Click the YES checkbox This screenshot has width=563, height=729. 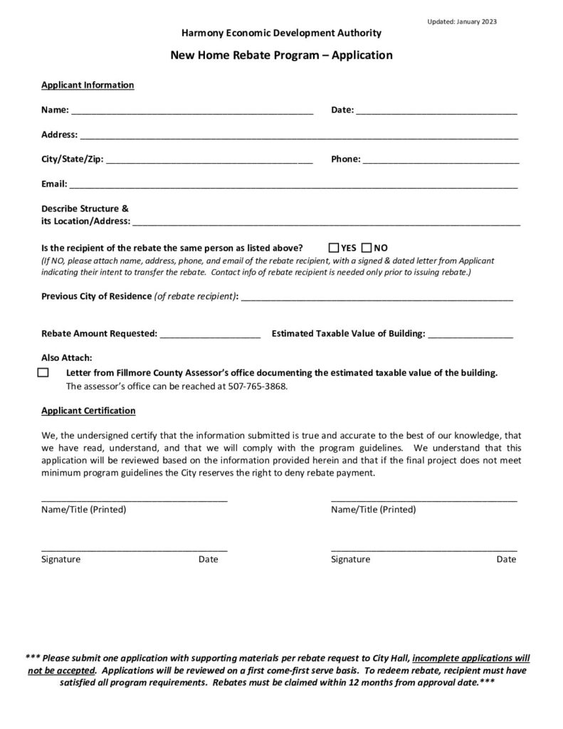click(x=334, y=248)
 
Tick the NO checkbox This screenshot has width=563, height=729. click(x=367, y=248)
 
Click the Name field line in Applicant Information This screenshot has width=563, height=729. click(x=192, y=112)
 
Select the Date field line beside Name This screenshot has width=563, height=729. click(x=436, y=112)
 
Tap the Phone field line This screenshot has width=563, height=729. click(x=441, y=162)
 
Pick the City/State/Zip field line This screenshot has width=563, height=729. click(x=209, y=162)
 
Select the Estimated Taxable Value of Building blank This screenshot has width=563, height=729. click(x=470, y=335)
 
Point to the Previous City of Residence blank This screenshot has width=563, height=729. click(x=377, y=298)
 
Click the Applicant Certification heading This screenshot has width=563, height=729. click(x=88, y=411)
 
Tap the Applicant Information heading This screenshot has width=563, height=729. click(x=88, y=85)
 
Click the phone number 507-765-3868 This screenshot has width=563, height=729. click(x=262, y=387)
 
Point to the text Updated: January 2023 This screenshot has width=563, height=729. click(x=462, y=21)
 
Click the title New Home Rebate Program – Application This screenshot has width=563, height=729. click(x=281, y=55)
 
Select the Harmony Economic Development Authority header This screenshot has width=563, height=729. click(x=281, y=33)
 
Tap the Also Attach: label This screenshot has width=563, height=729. click(x=67, y=357)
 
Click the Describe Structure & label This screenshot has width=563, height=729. click(x=85, y=209)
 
